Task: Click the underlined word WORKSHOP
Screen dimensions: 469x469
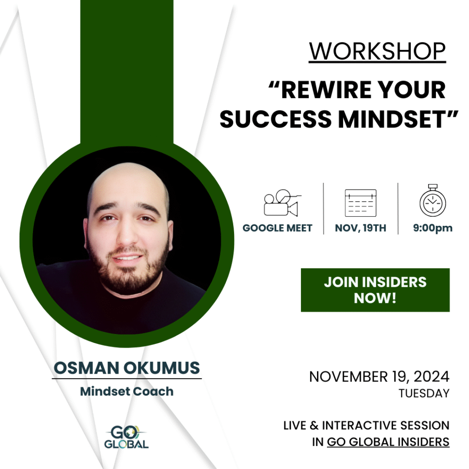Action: pos(377,51)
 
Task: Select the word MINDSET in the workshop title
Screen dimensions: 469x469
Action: pos(392,119)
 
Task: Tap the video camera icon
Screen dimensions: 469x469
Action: pos(281,203)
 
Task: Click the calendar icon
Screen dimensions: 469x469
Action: pos(360,203)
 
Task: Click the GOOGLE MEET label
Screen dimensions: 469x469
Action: pos(277,228)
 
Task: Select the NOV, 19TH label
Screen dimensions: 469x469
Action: pos(360,228)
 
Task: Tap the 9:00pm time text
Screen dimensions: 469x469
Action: pos(432,228)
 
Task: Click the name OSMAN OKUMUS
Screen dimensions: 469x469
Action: pos(126,368)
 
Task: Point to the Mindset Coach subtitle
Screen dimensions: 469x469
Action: pos(126,391)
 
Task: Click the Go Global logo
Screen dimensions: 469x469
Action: pos(126,437)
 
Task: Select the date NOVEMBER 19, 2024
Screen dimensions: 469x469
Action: pos(379,376)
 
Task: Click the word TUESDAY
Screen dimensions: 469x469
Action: pos(424,393)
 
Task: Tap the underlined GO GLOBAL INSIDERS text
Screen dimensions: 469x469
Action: pos(388,442)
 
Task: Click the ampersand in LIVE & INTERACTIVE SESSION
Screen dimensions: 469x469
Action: pos(314,425)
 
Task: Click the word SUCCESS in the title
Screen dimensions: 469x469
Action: pos(275,119)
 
